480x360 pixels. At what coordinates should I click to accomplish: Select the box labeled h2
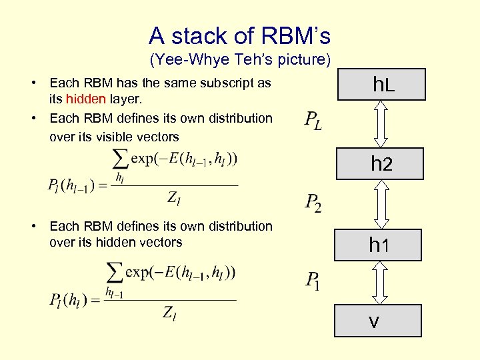click(380, 163)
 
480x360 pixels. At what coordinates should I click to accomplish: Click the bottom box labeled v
click(377, 321)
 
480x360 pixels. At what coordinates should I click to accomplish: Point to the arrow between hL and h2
click(381, 123)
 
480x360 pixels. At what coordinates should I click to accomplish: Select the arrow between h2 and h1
click(380, 204)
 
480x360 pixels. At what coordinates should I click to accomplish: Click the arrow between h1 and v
click(379, 282)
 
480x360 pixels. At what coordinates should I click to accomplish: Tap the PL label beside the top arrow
click(313, 121)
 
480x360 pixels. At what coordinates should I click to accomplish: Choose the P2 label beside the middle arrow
click(313, 202)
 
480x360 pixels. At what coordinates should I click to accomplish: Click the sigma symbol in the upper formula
click(121, 159)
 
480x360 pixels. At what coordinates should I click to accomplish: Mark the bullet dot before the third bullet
click(33, 227)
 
